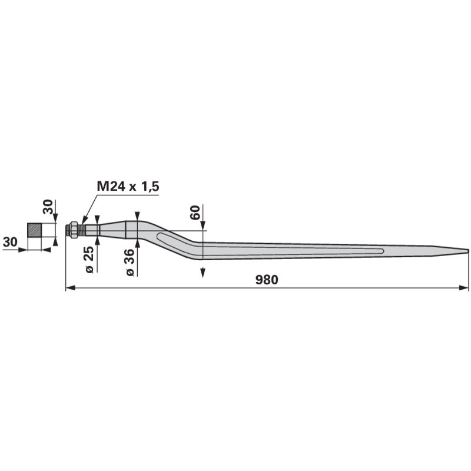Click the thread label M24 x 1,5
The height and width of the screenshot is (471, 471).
coord(128,187)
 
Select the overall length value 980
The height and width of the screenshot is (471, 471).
coord(267,280)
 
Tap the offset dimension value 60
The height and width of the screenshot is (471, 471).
coord(195,213)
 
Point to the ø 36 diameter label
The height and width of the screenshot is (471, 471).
coord(130,262)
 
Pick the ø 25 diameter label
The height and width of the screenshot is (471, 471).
coord(89,260)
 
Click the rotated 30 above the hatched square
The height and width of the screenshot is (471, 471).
coord(48,207)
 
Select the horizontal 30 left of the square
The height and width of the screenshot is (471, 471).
coord(10,241)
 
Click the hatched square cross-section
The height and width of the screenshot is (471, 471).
coord(34,230)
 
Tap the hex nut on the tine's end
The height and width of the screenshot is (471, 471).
coord(74,230)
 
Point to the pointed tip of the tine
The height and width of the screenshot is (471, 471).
coord(468,251)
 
